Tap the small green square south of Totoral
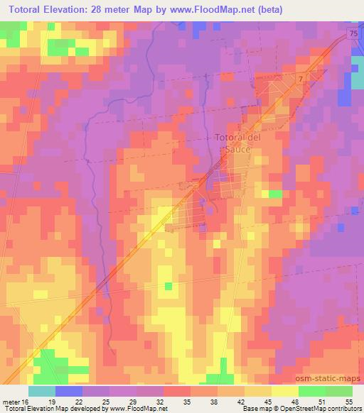coord(168,286)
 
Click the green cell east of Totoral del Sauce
coord(274,194)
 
